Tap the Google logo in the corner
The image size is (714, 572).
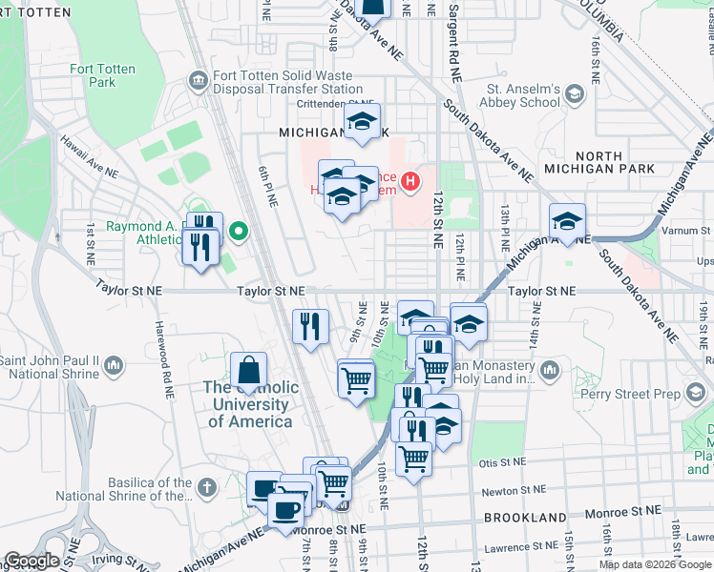(x=31, y=561)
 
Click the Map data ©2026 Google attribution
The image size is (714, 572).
(x=655, y=564)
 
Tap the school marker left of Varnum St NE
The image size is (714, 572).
(x=567, y=222)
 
